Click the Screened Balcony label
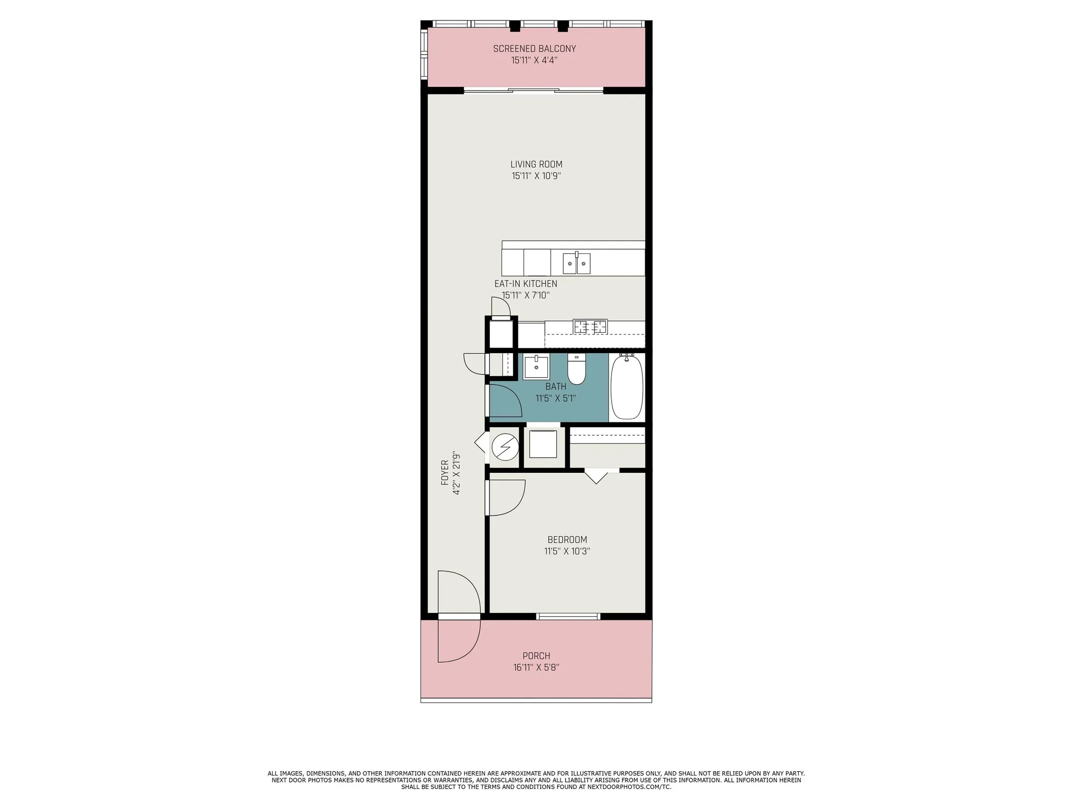coord(534,48)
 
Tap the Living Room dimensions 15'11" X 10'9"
coord(536,176)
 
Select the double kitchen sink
coord(576,264)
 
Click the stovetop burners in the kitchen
coord(590,326)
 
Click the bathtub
coord(627,387)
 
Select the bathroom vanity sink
coord(536,368)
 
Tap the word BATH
coord(556,386)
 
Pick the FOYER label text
coord(445,472)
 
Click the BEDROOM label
coord(567,539)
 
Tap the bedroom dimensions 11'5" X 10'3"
coord(567,551)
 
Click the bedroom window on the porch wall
coord(568,617)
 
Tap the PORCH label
coord(536,656)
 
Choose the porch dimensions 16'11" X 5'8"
coord(536,668)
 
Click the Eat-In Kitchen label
coord(525,283)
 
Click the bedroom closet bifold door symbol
coord(596,477)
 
